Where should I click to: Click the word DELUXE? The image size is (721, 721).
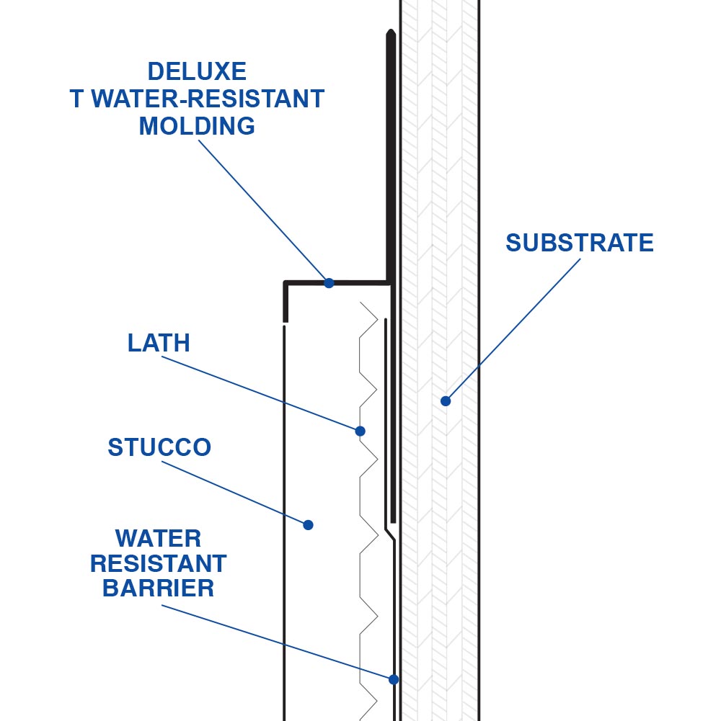click(197, 71)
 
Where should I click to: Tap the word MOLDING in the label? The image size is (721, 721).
click(197, 126)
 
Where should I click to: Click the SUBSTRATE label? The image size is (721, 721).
click(579, 243)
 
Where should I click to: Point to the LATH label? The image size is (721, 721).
click(159, 343)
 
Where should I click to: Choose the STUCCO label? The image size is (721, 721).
click(159, 447)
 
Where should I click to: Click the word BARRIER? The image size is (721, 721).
click(159, 588)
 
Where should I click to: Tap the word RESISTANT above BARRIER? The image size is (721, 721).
click(159, 563)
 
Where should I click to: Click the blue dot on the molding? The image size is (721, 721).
click(329, 283)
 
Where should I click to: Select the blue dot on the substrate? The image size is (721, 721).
click(446, 401)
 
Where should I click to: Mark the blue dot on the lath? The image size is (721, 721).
click(360, 431)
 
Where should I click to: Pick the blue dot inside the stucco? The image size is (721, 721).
click(308, 525)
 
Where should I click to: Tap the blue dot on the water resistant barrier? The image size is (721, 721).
click(394, 679)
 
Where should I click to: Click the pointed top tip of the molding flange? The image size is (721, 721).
click(390, 32)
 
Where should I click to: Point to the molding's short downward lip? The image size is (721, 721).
click(286, 303)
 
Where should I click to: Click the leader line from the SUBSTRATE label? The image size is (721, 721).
click(513, 328)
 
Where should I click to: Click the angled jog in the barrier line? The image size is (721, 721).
click(389, 534)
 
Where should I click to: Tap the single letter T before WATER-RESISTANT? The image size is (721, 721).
click(78, 99)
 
